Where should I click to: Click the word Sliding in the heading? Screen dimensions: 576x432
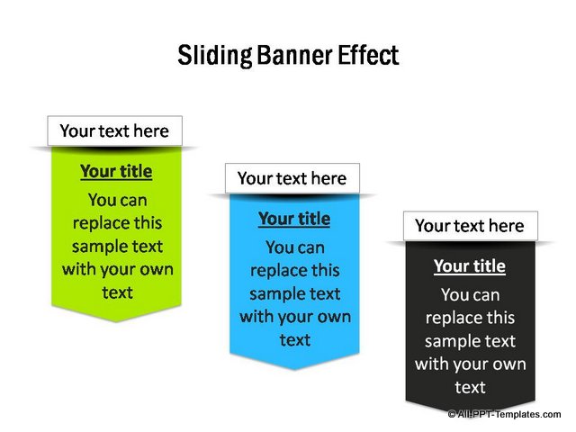coord(215,56)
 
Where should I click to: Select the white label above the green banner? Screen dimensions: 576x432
coord(114,130)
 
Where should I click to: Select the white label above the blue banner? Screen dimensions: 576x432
coord(292,178)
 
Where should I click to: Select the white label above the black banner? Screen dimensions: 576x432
coord(471,226)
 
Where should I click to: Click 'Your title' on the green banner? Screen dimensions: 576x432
coord(116,172)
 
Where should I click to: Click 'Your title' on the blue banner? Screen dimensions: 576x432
coord(294,219)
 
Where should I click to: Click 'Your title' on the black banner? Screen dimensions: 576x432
coord(470,266)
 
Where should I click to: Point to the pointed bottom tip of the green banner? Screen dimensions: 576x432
coord(116,322)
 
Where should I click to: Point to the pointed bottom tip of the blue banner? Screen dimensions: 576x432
coord(294,369)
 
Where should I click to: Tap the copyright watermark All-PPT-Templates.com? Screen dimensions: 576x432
coord(504,414)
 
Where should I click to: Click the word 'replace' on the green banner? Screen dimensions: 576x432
coord(97,224)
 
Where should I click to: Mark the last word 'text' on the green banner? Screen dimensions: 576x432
coord(117,292)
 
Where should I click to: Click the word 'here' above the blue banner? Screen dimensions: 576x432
coord(328,178)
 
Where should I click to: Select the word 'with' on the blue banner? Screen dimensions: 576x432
coord(254,317)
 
